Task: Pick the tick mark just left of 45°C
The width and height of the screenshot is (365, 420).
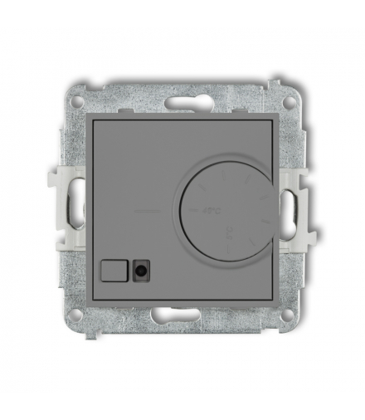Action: pos(190,212)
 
